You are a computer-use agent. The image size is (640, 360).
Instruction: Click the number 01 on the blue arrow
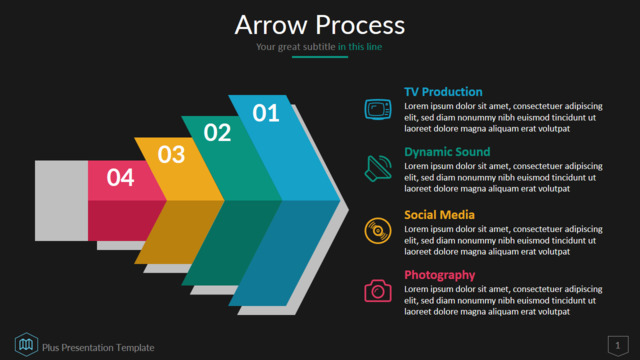(266, 113)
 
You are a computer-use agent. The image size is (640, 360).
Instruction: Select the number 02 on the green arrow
(217, 132)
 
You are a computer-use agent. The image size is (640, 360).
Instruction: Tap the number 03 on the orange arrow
(171, 154)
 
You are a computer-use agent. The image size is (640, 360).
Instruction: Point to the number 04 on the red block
(120, 178)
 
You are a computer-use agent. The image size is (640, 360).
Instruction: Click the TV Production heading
(443, 92)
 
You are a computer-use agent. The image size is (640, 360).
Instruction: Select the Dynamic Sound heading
(447, 152)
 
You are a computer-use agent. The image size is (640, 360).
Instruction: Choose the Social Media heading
(439, 215)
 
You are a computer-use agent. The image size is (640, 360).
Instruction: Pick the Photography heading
(440, 275)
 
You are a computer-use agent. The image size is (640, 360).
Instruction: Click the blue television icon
(378, 109)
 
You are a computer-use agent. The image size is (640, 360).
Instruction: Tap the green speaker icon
(378, 168)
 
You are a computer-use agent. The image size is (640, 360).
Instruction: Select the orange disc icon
(378, 231)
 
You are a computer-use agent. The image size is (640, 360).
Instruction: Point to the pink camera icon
(378, 291)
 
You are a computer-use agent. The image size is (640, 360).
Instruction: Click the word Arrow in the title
(271, 25)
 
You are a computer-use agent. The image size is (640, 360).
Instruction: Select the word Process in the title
(360, 25)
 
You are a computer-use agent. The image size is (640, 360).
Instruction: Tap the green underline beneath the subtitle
(320, 57)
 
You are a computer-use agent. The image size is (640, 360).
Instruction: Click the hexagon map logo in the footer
(26, 344)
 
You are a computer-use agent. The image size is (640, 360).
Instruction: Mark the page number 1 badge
(618, 346)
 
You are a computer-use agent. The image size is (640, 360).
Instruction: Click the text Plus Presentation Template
(98, 348)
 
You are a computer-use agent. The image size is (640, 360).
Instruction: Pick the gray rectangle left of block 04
(61, 200)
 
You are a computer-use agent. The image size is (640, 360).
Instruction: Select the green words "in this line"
(360, 47)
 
